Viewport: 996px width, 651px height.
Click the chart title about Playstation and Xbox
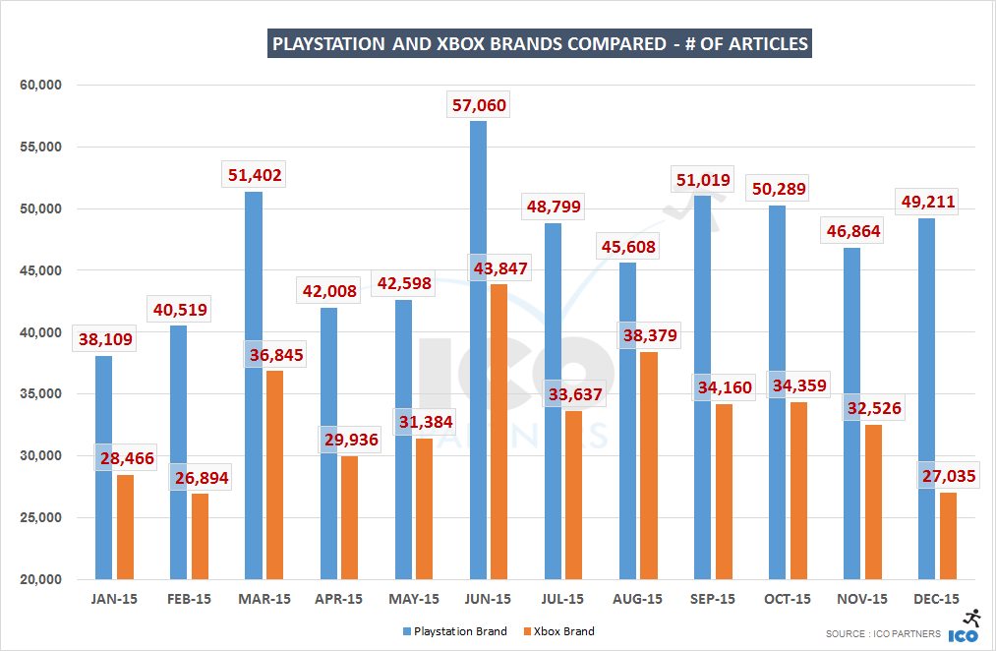539,44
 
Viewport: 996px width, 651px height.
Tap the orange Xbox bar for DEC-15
948,536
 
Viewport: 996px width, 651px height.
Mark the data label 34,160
724,387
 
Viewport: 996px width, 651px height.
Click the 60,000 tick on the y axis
40,86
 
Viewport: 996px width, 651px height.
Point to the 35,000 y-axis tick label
40,394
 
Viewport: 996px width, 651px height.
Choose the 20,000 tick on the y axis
40,579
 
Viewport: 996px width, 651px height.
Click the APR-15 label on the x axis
338,599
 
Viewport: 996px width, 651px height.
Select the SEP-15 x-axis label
713,599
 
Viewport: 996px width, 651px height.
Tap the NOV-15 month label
862,599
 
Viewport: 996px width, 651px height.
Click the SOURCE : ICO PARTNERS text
883,634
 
